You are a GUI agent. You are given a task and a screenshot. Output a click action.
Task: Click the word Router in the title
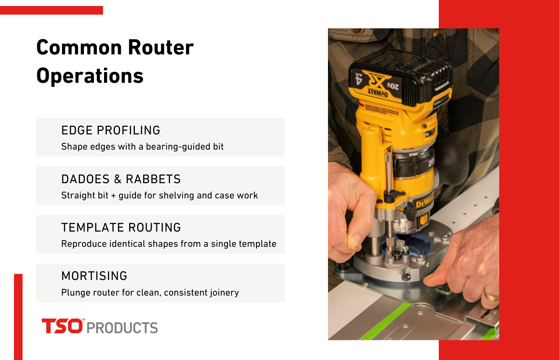pos(161,48)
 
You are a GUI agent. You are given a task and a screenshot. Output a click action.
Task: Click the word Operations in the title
pos(90,76)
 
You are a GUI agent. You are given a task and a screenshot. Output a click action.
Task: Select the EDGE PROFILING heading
pos(111,130)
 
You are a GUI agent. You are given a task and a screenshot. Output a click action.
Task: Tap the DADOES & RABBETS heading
pos(121,179)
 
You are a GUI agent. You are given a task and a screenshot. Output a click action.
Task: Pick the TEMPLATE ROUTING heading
pos(121,228)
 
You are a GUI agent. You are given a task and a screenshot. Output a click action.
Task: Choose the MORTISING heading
pos(94,276)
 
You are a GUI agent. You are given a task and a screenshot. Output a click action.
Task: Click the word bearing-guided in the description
pos(179,147)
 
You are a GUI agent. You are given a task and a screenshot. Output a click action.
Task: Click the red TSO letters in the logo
pos(62,326)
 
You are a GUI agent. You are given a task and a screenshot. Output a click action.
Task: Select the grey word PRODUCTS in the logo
pos(122,328)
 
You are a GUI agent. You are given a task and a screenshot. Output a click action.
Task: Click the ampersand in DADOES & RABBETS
pos(118,179)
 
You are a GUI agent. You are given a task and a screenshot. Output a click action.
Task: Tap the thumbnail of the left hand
pos(354,241)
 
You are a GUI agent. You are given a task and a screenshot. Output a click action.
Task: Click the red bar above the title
pos(51,10)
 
